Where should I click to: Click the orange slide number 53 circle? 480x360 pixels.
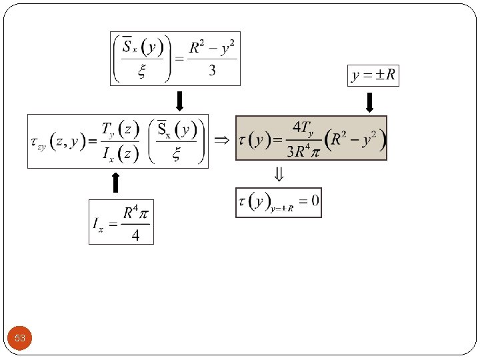[20, 338]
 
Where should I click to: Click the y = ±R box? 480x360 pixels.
[373, 76]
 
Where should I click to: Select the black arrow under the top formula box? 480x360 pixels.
[178, 101]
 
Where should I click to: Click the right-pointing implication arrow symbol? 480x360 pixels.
[221, 140]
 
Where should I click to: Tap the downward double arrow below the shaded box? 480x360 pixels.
[279, 175]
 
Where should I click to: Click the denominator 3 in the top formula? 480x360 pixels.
[212, 71]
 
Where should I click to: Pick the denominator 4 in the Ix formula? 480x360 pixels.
[135, 235]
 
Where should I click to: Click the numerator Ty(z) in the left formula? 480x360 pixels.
[119, 129]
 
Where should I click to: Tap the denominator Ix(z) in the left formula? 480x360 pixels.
[119, 155]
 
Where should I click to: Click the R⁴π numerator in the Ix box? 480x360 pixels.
[135, 213]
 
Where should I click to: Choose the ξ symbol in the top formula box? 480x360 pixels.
[142, 73]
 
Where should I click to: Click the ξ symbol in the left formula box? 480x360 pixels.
[177, 155]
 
